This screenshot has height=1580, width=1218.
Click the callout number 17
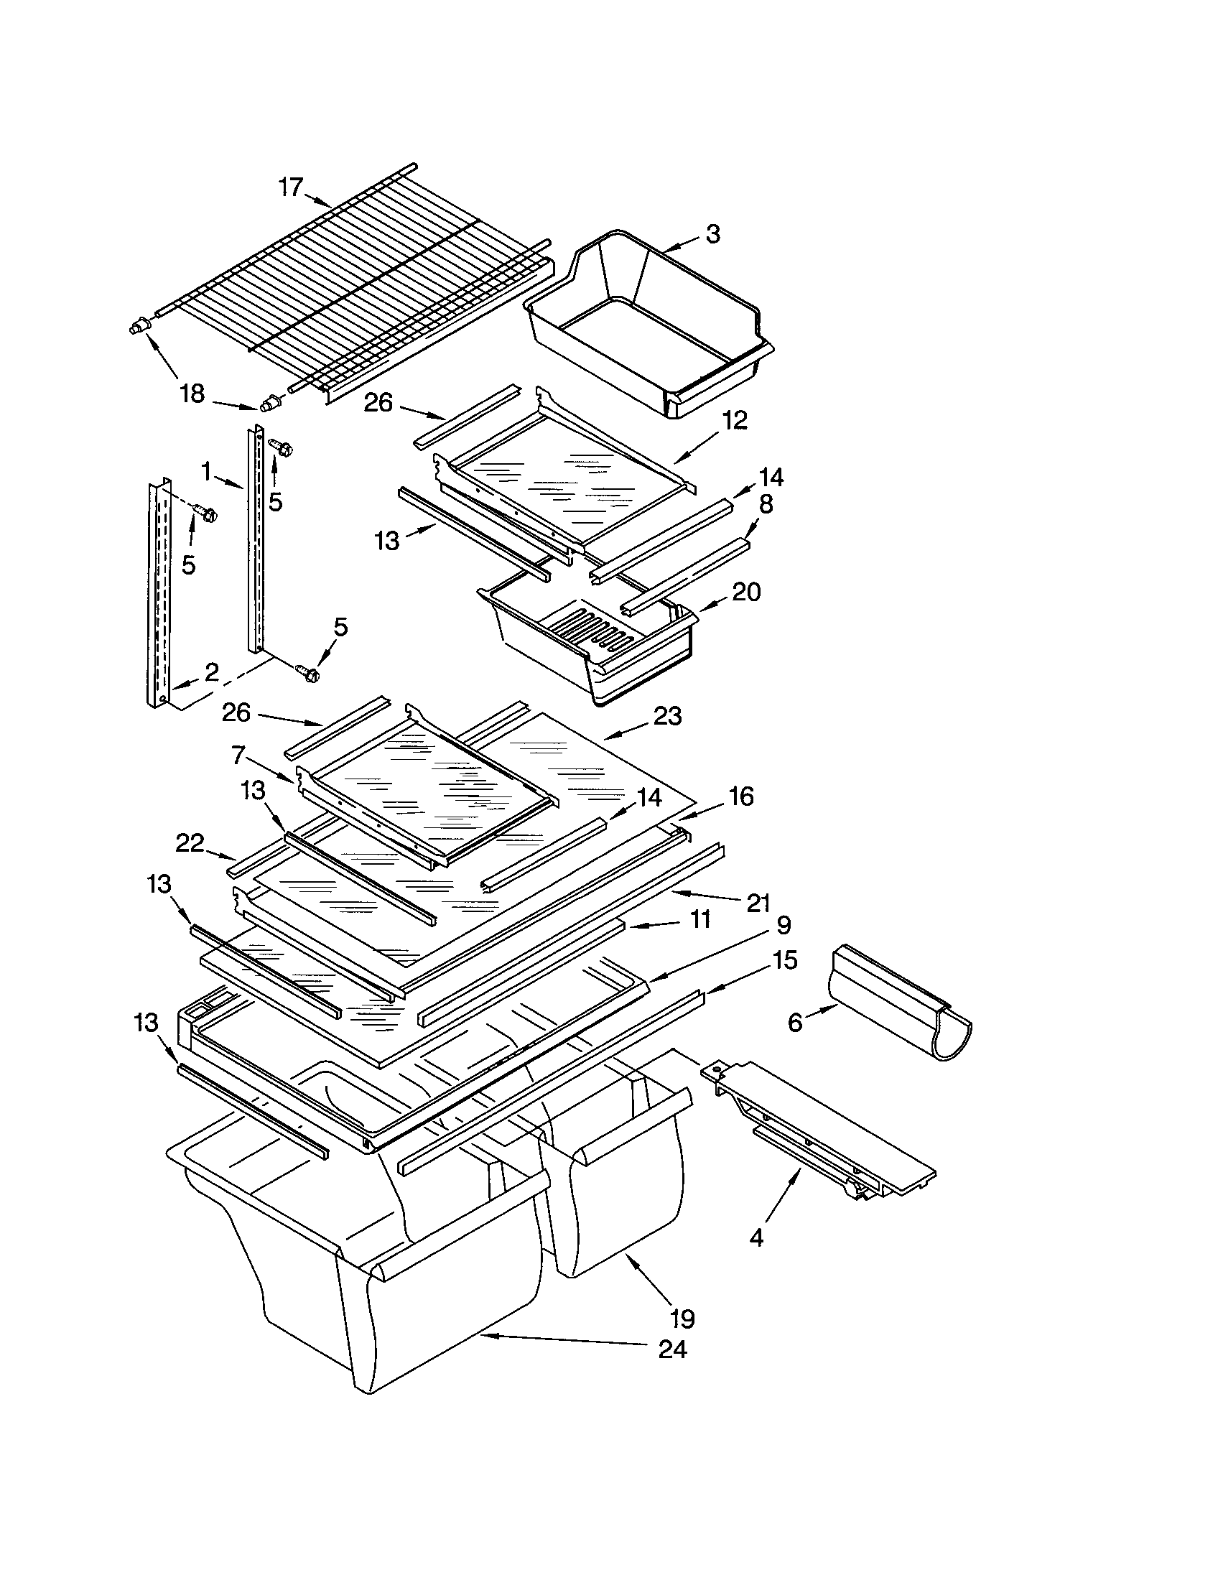tap(290, 187)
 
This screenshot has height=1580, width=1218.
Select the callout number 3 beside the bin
tap(712, 233)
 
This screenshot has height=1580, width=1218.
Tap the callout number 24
tap(672, 1350)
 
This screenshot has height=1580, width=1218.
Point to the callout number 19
tap(682, 1318)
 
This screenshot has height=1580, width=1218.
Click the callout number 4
tap(756, 1239)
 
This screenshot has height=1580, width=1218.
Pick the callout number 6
tap(795, 1023)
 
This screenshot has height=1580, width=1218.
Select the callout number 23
tap(667, 716)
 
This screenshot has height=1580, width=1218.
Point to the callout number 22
tap(190, 843)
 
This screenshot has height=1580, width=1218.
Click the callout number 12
tap(734, 420)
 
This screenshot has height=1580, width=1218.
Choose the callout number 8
tap(766, 504)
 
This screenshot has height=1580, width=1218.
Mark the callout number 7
tap(238, 757)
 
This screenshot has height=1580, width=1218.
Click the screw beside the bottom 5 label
tap(310, 674)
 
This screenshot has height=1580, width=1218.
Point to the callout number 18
tap(192, 395)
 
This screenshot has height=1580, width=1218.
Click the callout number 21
tap(758, 903)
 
